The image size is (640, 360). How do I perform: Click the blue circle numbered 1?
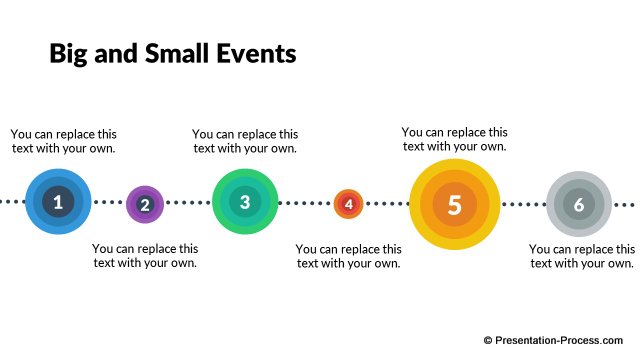tap(58, 202)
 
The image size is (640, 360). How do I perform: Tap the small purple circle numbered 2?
tap(145, 205)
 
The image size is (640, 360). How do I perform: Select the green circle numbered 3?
tap(245, 202)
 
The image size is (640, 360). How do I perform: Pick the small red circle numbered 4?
tap(348, 204)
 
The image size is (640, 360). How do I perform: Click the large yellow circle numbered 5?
tap(454, 204)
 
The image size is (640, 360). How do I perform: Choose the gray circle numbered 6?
tap(578, 204)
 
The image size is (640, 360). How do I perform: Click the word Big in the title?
tap(69, 54)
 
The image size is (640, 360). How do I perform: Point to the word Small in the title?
tap(180, 54)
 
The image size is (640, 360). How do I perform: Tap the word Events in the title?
tap(258, 54)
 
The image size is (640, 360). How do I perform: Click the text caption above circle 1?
tap(63, 141)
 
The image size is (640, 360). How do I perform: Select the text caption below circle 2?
tap(145, 255)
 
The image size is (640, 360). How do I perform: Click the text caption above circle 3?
tap(245, 141)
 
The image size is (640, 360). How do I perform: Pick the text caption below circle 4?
tap(349, 255)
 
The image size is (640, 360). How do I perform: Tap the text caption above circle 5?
tap(454, 139)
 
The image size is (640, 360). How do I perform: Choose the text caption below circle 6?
tap(581, 255)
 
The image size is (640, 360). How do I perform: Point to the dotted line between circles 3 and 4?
tap(305, 203)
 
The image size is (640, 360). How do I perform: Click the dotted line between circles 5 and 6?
tap(521, 203)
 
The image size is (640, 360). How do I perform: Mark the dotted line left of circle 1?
tap(11, 202)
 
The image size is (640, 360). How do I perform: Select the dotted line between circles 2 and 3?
tap(187, 203)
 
